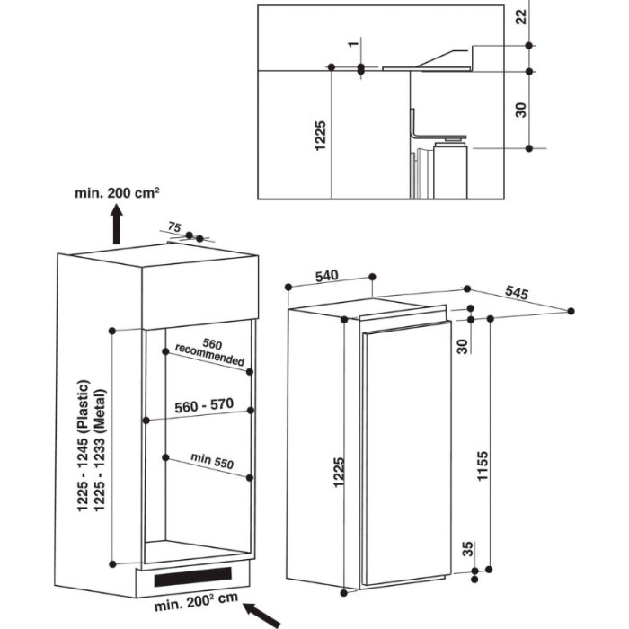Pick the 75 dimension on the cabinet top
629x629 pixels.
(x=174, y=229)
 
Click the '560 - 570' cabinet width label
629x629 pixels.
(x=204, y=405)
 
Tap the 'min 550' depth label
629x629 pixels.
(x=211, y=462)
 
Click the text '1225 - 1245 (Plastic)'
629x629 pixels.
(x=86, y=447)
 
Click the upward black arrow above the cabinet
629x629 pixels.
(x=118, y=224)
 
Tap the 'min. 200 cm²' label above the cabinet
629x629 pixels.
(x=118, y=192)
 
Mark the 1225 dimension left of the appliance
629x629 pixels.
(x=339, y=472)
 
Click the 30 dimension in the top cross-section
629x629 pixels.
(x=521, y=109)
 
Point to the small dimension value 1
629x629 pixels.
(x=354, y=43)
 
